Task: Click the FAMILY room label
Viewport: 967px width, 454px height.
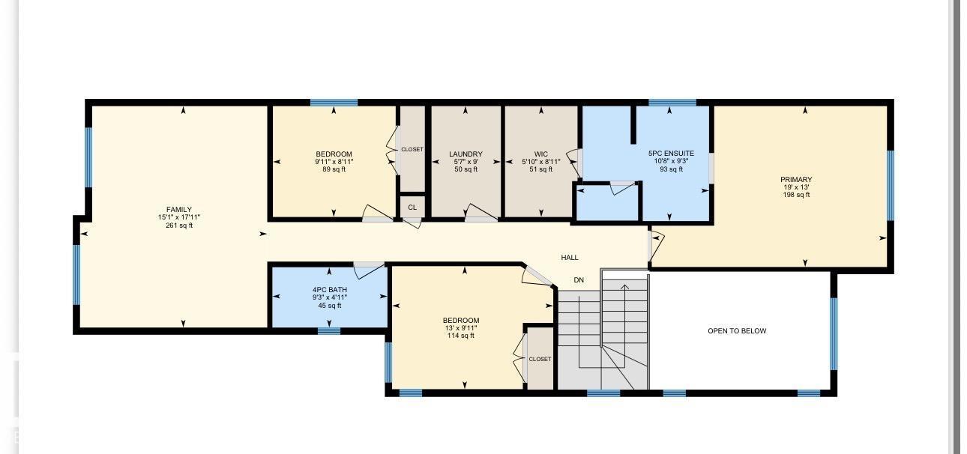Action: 179,210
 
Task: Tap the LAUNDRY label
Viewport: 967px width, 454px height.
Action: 466,154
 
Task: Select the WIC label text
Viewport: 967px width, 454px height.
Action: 541,154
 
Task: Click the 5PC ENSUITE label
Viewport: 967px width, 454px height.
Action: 671,153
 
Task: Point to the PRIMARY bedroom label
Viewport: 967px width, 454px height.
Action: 796,180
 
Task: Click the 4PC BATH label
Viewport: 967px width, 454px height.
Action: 329,290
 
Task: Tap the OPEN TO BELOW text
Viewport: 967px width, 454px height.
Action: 737,331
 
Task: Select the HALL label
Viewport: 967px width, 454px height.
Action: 570,258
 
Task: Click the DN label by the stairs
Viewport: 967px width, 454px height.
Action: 579,280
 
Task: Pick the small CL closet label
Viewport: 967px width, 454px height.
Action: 412,208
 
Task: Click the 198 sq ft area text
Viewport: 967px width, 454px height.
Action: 796,195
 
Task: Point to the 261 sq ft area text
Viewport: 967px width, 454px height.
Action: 179,226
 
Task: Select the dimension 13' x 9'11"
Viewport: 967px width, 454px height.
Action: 461,328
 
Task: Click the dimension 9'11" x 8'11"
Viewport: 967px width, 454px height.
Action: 334,162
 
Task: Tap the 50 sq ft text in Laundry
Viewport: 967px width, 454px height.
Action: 466,169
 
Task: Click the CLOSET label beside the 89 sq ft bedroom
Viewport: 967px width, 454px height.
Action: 412,149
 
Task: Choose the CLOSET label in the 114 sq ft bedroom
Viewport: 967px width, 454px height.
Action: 540,359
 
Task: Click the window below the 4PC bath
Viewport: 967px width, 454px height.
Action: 329,331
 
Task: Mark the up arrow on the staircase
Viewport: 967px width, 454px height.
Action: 624,288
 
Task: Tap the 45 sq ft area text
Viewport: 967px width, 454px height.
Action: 329,306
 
